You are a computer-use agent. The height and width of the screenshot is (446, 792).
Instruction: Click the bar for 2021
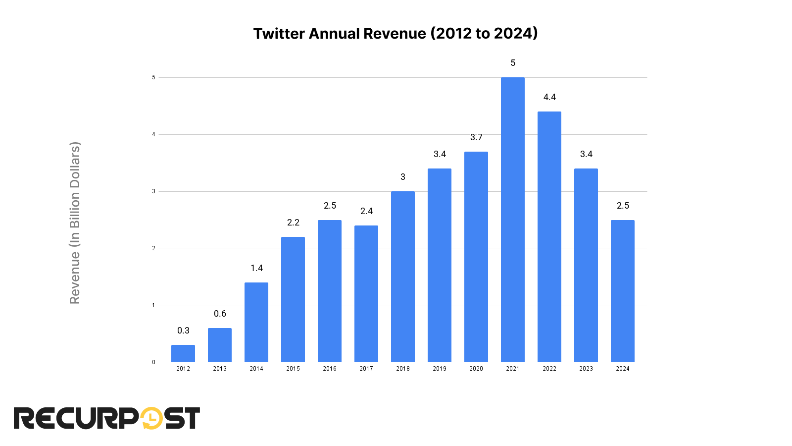tap(512, 220)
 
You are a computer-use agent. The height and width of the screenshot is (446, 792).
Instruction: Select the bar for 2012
tap(183, 353)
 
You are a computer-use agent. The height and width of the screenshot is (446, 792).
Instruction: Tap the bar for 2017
tap(366, 293)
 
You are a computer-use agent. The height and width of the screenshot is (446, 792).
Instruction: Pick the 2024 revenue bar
tap(622, 291)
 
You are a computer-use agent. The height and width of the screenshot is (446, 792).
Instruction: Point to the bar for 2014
tap(256, 322)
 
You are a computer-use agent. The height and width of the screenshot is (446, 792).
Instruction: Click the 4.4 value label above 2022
tap(549, 97)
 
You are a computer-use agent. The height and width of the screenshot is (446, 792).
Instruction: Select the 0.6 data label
tap(220, 314)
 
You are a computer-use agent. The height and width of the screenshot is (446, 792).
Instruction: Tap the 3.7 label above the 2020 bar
tap(476, 137)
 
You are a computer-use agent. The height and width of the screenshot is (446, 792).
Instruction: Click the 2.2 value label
tap(293, 223)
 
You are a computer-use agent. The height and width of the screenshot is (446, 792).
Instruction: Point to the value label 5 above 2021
tap(513, 63)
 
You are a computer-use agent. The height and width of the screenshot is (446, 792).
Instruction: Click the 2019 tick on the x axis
tap(440, 369)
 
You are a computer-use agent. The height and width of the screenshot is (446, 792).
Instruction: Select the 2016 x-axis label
tap(330, 369)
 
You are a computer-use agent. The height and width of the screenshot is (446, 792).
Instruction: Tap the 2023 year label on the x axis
tap(586, 369)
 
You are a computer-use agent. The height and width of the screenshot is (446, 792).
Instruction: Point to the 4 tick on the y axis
tap(154, 134)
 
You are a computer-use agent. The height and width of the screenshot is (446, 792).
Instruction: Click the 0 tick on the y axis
tap(154, 362)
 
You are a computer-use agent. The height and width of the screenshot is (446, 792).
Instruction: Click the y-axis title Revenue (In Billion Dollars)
tap(75, 223)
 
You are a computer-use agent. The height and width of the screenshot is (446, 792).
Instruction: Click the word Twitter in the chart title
tap(279, 34)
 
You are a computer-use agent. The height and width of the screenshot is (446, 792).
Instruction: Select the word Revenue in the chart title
tap(395, 34)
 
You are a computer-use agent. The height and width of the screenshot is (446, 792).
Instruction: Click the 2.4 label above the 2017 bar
tap(366, 211)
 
